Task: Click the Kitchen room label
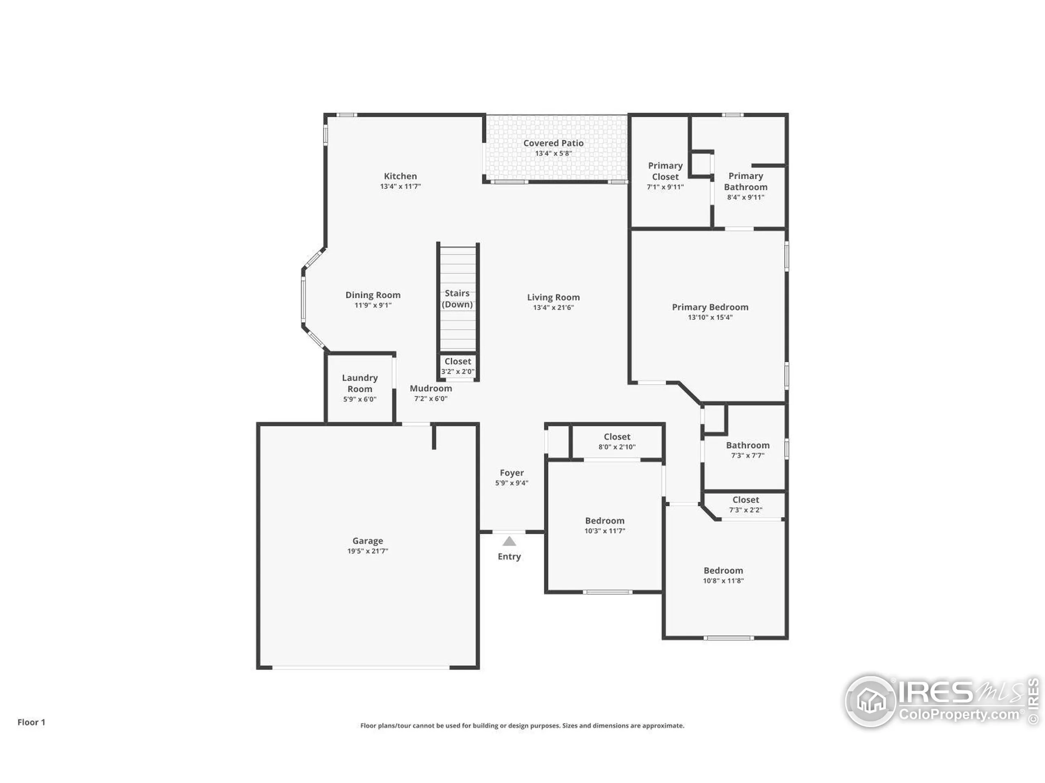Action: tap(400, 176)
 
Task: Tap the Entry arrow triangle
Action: tap(509, 541)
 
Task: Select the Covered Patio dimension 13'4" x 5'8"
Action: tap(553, 153)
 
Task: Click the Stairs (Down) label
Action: tap(457, 299)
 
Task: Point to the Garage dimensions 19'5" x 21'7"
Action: tap(367, 551)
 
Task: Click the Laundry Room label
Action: tap(360, 383)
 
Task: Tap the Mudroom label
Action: tap(430, 388)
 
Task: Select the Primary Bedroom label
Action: tap(709, 307)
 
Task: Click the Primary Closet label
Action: tap(665, 171)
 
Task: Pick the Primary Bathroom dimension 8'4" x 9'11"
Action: tap(745, 197)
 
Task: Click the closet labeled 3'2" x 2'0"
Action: tap(457, 362)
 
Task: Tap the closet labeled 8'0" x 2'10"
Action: tap(616, 437)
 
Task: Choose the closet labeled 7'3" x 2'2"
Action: tap(745, 500)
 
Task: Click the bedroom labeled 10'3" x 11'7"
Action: tap(604, 521)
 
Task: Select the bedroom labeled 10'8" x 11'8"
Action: tap(723, 571)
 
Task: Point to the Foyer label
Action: tap(511, 473)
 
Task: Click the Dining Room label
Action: tap(373, 295)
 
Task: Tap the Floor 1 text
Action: tap(31, 722)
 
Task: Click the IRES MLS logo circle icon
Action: tap(870, 701)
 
